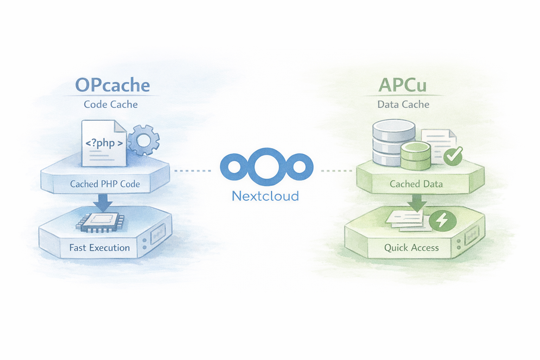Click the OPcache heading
[112, 85]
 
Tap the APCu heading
[403, 85]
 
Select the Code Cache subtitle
[111, 104]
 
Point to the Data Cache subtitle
[403, 104]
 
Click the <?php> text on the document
[104, 143]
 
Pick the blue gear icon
[143, 140]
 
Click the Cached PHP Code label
[105, 184]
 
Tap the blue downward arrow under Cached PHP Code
[103, 202]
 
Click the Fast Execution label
[99, 248]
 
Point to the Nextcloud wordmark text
[265, 196]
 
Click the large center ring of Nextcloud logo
[266, 167]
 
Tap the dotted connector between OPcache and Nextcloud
[193, 171]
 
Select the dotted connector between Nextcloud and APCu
[336, 171]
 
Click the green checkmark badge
[453, 156]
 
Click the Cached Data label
[416, 184]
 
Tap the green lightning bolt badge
[443, 221]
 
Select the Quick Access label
[411, 248]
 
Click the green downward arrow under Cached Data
[417, 202]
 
